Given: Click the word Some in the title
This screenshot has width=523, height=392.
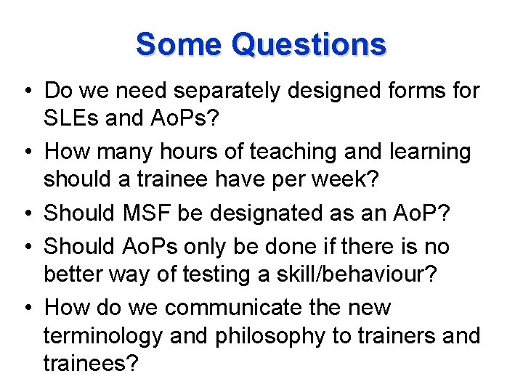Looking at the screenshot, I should click(x=178, y=44).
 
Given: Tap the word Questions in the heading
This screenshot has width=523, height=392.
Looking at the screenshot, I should click(x=308, y=46).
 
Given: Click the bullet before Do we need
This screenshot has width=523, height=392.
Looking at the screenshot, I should click(x=27, y=92).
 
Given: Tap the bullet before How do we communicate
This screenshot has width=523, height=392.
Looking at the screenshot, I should click(x=27, y=309).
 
